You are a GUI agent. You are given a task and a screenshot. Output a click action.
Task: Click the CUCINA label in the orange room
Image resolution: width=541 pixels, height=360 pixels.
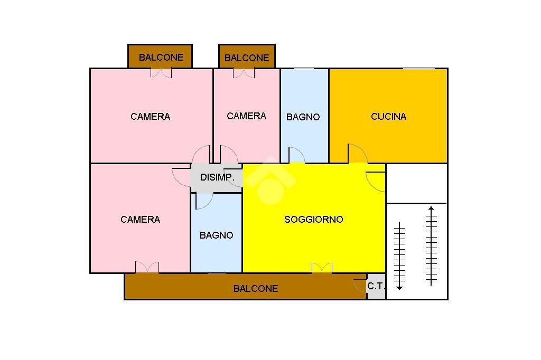[388, 117]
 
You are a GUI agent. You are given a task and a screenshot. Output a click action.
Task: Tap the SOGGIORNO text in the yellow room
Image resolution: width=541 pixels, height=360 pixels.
[313, 219]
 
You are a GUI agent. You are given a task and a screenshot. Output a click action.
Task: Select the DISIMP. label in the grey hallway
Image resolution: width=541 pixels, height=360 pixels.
[217, 177]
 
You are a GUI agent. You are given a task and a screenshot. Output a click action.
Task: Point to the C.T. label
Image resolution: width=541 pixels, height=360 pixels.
[376, 287]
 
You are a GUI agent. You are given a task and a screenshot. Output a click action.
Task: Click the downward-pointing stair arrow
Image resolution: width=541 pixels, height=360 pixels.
[399, 256]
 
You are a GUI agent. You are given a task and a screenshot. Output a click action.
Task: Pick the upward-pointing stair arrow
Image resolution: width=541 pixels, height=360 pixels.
[432, 245]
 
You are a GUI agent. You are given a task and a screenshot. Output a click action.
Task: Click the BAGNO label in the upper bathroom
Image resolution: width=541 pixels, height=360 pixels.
[303, 117]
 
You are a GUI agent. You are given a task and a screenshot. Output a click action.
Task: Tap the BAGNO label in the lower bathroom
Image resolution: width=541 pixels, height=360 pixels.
[216, 235]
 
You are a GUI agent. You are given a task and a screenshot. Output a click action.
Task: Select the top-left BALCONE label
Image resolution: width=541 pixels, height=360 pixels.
[161, 58]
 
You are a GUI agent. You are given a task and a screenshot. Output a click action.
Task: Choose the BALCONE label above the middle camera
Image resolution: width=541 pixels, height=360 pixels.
[247, 58]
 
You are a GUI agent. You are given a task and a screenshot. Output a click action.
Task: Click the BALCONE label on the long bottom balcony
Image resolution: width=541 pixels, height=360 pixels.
[256, 289]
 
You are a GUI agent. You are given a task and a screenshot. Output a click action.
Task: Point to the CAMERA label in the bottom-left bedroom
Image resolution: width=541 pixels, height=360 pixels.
[140, 219]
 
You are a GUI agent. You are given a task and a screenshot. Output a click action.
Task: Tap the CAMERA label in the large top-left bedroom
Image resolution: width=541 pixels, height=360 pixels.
[151, 116]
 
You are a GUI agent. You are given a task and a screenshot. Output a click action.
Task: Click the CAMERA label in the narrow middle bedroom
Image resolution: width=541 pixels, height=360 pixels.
[246, 116]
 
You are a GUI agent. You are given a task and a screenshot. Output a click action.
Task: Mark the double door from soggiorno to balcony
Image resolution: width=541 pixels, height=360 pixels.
[322, 268]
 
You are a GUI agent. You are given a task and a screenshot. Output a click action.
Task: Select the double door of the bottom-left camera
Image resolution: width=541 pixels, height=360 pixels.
[147, 268]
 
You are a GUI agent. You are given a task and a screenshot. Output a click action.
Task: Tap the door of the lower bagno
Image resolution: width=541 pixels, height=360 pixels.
[204, 201]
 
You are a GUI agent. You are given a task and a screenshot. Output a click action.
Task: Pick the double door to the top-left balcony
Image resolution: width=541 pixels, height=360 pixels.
[161, 73]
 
